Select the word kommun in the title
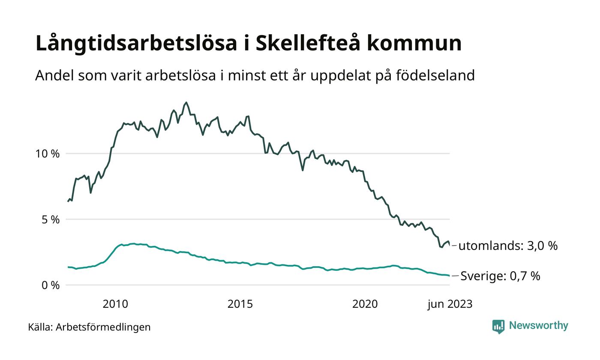coord(414,43)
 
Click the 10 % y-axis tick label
coord(48,153)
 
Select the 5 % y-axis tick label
coord(50,219)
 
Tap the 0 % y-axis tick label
coord(50,285)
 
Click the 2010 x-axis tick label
coord(115,304)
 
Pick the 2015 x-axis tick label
coord(240,304)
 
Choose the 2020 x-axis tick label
coord(365,304)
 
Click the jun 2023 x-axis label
coord(450,304)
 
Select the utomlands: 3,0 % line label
coord(508,246)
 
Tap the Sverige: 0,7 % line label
coord(500,276)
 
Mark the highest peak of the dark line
coord(186,102)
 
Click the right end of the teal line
coord(449,276)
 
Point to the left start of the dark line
coord(68,201)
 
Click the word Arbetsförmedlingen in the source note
coord(103,327)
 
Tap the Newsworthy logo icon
coord(498,327)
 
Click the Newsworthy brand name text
coord(538,326)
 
